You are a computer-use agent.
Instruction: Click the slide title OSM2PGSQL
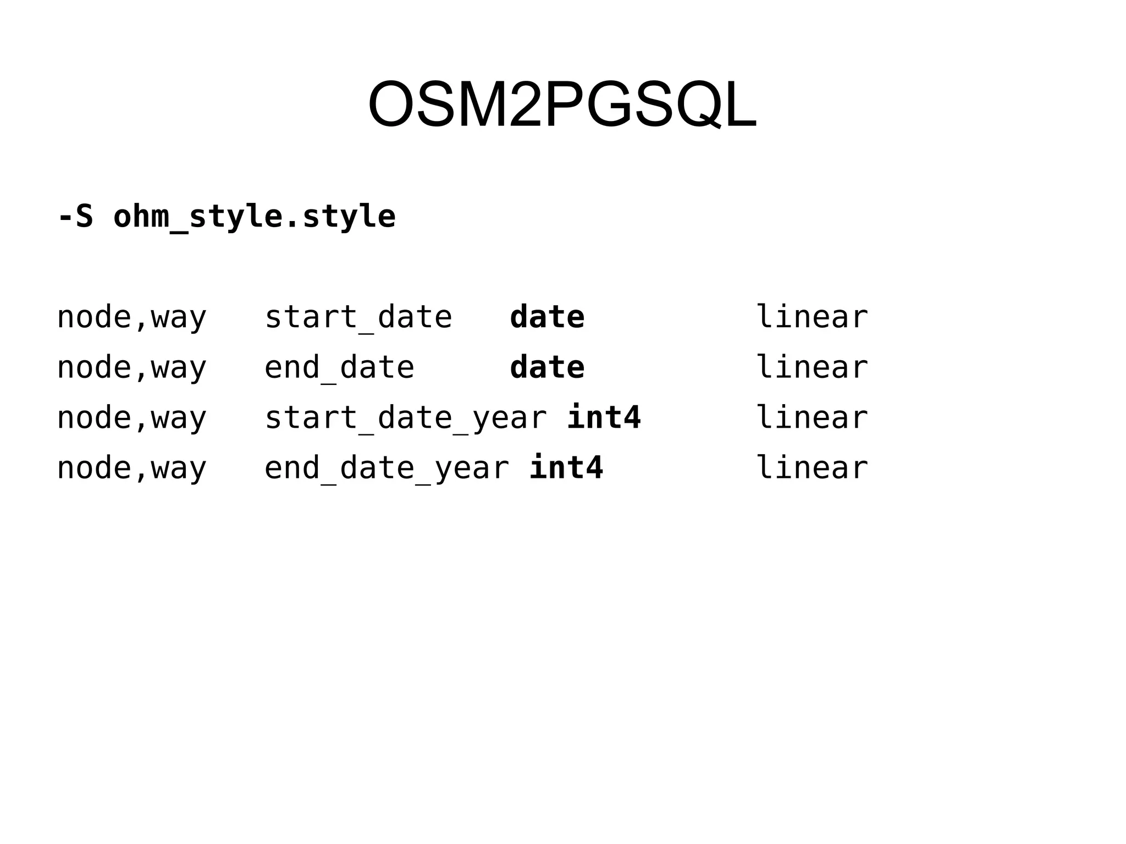562,104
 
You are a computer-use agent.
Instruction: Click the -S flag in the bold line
75,216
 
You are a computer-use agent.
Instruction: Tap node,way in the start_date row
131,317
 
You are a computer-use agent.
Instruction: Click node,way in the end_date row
131,367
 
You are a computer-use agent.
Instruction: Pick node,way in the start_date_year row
131,418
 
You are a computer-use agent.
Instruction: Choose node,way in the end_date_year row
131,468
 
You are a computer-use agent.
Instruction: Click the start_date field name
358,317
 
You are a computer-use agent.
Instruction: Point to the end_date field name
339,367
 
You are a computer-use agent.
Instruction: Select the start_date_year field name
405,418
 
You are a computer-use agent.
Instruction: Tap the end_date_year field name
387,468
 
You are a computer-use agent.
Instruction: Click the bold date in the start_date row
547,317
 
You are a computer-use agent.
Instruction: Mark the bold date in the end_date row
547,367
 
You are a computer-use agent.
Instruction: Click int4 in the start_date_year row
604,418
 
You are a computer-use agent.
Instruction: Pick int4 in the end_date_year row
566,468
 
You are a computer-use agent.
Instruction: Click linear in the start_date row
812,317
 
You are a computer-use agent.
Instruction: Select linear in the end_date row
812,367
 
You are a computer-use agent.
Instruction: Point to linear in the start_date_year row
812,418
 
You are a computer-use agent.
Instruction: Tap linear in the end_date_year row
812,468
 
